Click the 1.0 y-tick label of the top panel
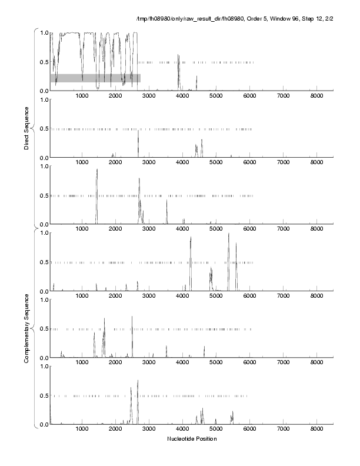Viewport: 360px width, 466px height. tap(42, 33)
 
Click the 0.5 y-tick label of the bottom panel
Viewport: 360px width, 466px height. tap(42, 396)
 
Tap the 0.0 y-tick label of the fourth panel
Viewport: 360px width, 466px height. tap(42, 292)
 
